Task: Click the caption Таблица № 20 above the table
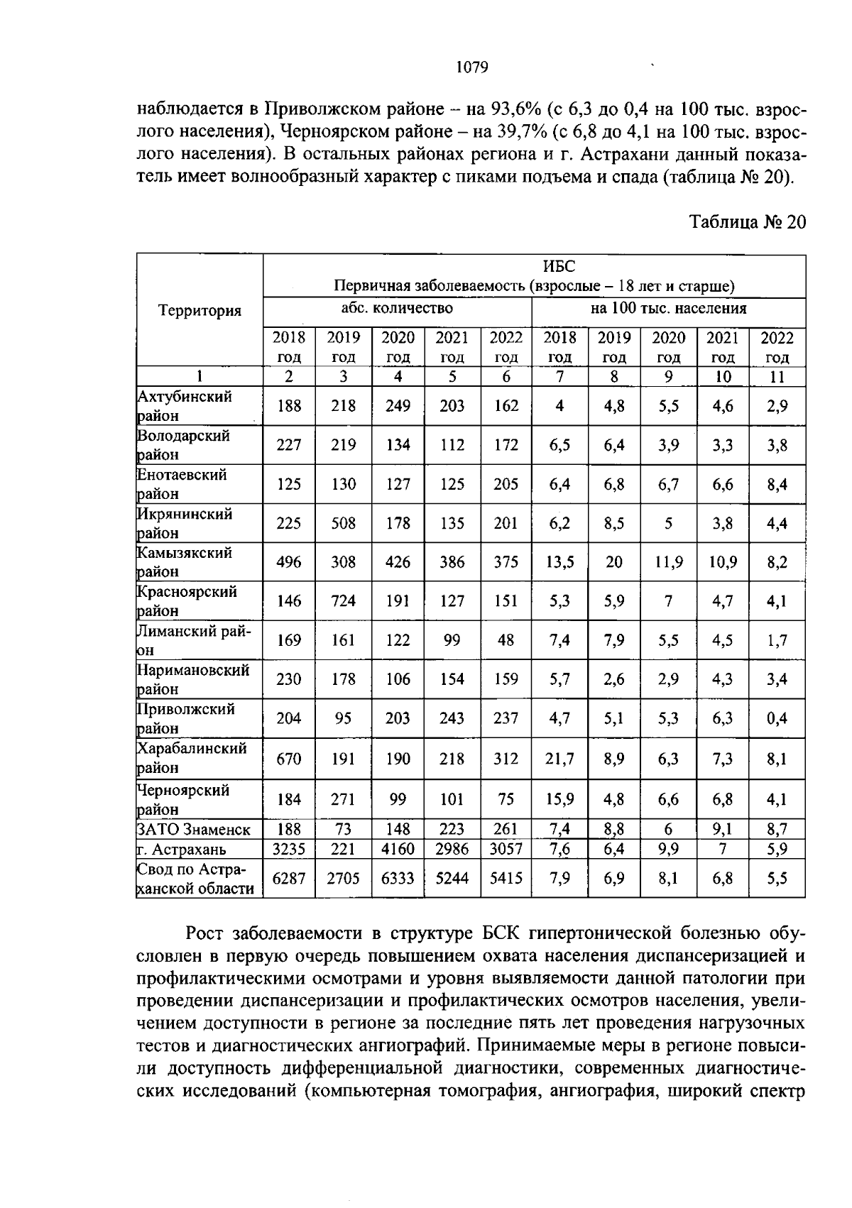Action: pyautogui.click(x=748, y=222)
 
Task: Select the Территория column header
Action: pyautogui.click(x=200, y=310)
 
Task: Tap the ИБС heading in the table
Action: pyautogui.click(x=559, y=266)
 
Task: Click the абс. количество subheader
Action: pyautogui.click(x=397, y=308)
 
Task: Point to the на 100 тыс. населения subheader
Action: pyautogui.click(x=668, y=308)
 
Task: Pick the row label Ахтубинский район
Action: pyautogui.click(x=184, y=406)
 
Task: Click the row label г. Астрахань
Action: pyautogui.click(x=181, y=849)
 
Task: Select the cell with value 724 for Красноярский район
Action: pyautogui.click(x=344, y=601)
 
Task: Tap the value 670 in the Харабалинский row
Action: pyautogui.click(x=289, y=758)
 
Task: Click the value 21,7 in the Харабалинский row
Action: pyautogui.click(x=560, y=758)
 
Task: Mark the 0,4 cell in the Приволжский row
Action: pyautogui.click(x=777, y=719)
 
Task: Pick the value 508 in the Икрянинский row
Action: pyautogui.click(x=344, y=523)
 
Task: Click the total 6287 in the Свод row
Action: pyautogui.click(x=289, y=879)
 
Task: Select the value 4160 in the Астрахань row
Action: pyautogui.click(x=398, y=849)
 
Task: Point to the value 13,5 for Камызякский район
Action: pyautogui.click(x=560, y=562)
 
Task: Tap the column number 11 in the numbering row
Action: pyautogui.click(x=777, y=377)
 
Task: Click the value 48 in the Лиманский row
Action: pyautogui.click(x=506, y=640)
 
